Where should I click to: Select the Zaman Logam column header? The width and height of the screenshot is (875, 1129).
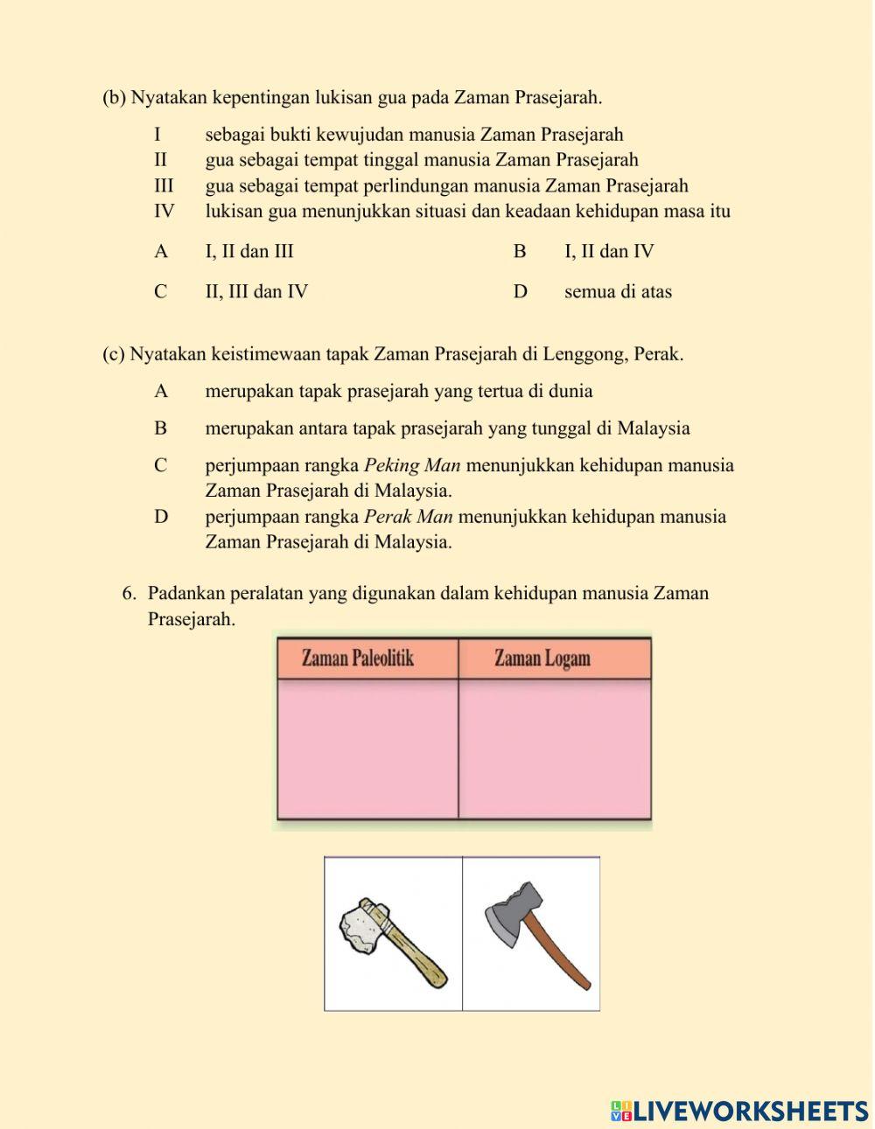click(x=542, y=658)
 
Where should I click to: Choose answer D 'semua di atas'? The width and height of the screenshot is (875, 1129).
click(x=618, y=292)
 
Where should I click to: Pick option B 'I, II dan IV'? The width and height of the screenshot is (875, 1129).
click(x=609, y=252)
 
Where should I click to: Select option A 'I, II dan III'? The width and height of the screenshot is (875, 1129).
click(x=249, y=252)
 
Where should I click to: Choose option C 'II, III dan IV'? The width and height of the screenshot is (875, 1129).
click(x=256, y=292)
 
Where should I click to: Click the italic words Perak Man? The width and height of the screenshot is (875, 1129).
click(x=408, y=517)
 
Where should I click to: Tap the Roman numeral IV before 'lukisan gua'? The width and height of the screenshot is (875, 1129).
click(x=164, y=212)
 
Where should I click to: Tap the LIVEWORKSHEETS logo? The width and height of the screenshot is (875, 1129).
click(x=739, y=1111)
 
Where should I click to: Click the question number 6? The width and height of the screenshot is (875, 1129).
click(x=129, y=594)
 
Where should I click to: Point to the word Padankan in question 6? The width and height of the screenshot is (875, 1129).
click(x=184, y=594)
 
